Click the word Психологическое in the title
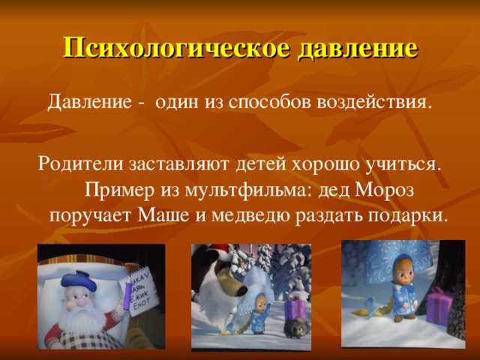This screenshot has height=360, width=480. (176, 49)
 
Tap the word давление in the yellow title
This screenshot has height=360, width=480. (358, 47)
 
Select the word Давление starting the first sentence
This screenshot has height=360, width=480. (89, 101)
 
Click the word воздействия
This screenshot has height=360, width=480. (372, 102)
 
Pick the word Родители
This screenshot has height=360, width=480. (80, 164)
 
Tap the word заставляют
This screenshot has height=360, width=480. (178, 165)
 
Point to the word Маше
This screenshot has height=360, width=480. (163, 215)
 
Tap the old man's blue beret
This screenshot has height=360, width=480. (79, 280)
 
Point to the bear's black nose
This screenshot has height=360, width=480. (241, 290)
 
